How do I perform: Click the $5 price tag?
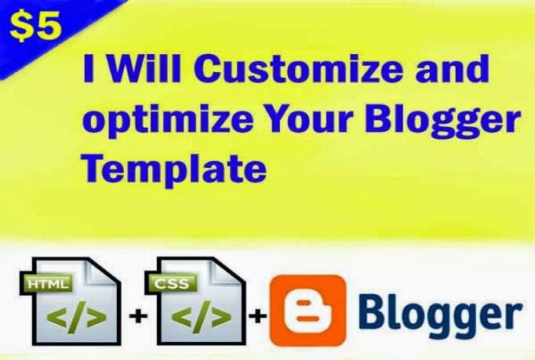36,27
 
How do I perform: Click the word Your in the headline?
310,119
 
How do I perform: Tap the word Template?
174,168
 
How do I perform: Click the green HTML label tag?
47,283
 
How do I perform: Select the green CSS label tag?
171,283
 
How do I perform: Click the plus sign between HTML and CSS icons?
138,316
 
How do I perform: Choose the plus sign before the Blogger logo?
258,316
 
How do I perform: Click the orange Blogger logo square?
308,311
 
